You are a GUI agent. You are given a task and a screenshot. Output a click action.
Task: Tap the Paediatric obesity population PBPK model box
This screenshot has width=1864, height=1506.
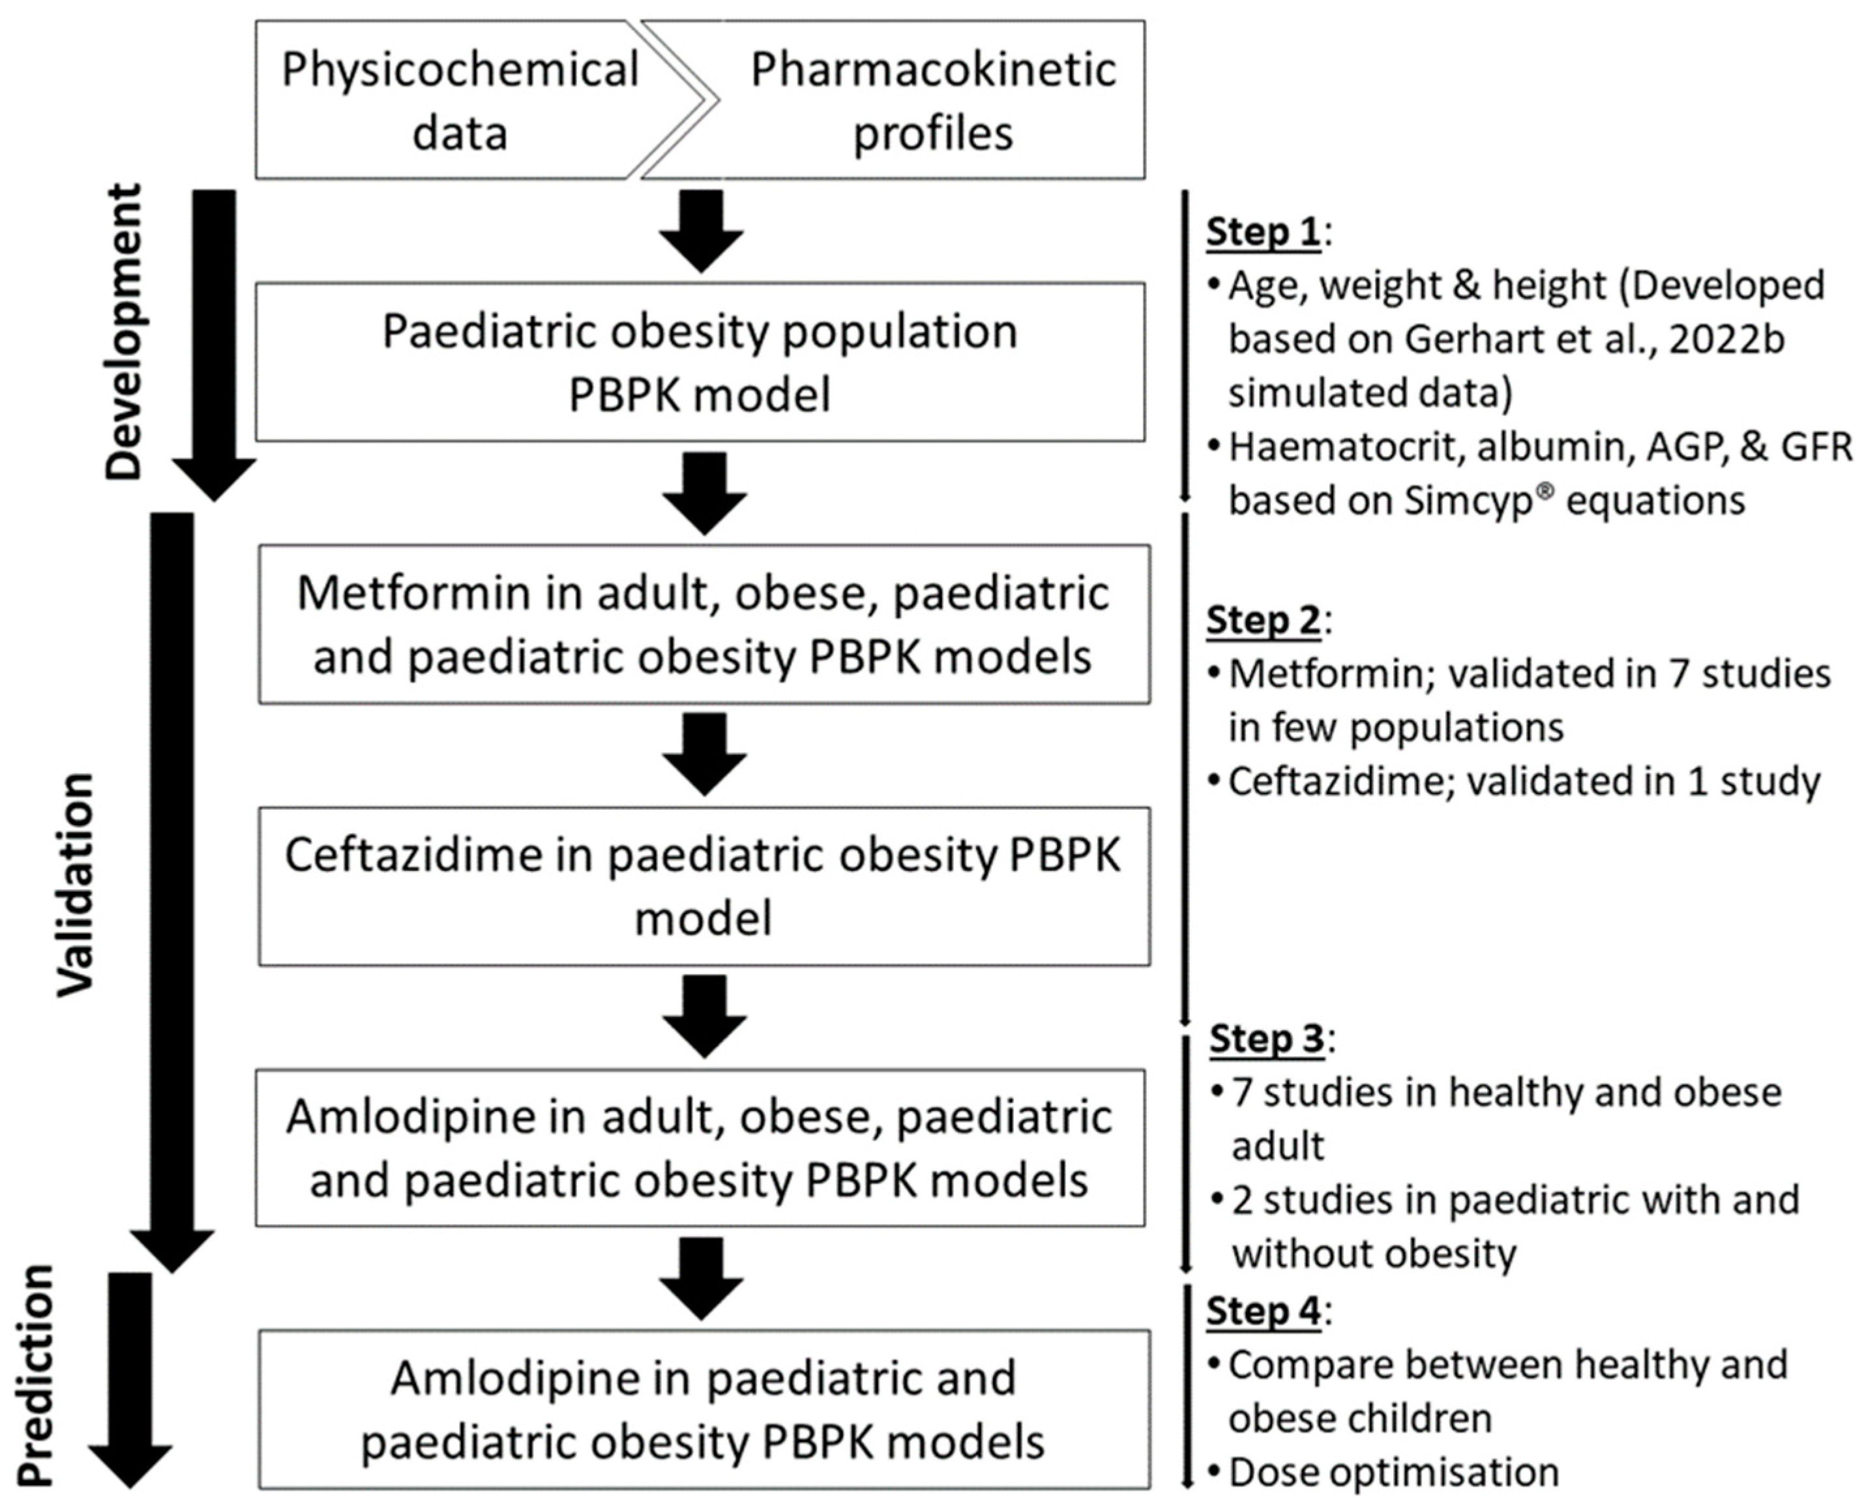click(x=700, y=362)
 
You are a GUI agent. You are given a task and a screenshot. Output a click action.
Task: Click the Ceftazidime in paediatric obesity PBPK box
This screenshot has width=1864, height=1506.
click(x=703, y=886)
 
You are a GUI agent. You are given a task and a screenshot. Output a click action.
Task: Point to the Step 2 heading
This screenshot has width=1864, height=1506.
click(x=1263, y=619)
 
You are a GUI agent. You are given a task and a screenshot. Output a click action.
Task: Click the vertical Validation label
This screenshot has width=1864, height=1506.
click(x=76, y=884)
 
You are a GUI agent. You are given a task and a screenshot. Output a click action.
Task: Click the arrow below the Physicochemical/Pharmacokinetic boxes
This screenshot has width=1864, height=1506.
click(x=701, y=231)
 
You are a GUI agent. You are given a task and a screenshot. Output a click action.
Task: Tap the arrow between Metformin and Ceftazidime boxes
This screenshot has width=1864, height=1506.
click(x=704, y=754)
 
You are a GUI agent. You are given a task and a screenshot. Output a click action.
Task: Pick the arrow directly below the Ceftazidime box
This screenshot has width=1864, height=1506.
click(x=704, y=1016)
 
